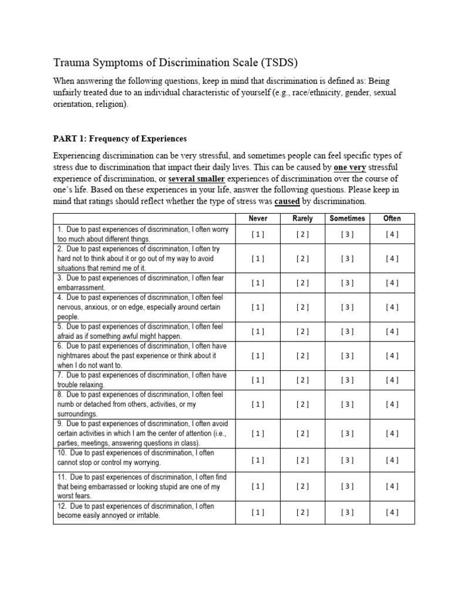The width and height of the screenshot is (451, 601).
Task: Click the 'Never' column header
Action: pos(258,218)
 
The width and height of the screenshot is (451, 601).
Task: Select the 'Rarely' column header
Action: pos(302,218)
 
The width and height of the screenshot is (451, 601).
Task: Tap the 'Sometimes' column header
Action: pos(347,218)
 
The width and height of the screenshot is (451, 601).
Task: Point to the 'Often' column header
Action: pos(392,218)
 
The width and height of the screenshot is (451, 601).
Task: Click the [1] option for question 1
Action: pos(258,234)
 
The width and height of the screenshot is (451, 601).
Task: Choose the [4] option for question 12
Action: pos(392,512)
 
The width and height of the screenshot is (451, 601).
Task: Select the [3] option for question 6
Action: pos(347,356)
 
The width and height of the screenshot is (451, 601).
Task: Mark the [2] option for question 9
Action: pos(302,434)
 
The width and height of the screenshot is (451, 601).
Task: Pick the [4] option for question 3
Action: pos(392,283)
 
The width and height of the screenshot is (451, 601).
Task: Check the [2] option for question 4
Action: pos(302,307)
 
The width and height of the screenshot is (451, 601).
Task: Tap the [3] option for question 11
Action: pos(347,486)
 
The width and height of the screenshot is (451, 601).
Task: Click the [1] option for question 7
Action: pos(258,380)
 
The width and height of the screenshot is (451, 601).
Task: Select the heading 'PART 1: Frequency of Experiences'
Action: pos(120,139)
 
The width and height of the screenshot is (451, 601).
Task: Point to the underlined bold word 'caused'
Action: pos(287,201)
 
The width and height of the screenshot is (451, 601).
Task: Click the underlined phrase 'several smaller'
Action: pos(197,178)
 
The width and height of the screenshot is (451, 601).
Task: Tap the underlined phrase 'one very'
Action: pos(350,167)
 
